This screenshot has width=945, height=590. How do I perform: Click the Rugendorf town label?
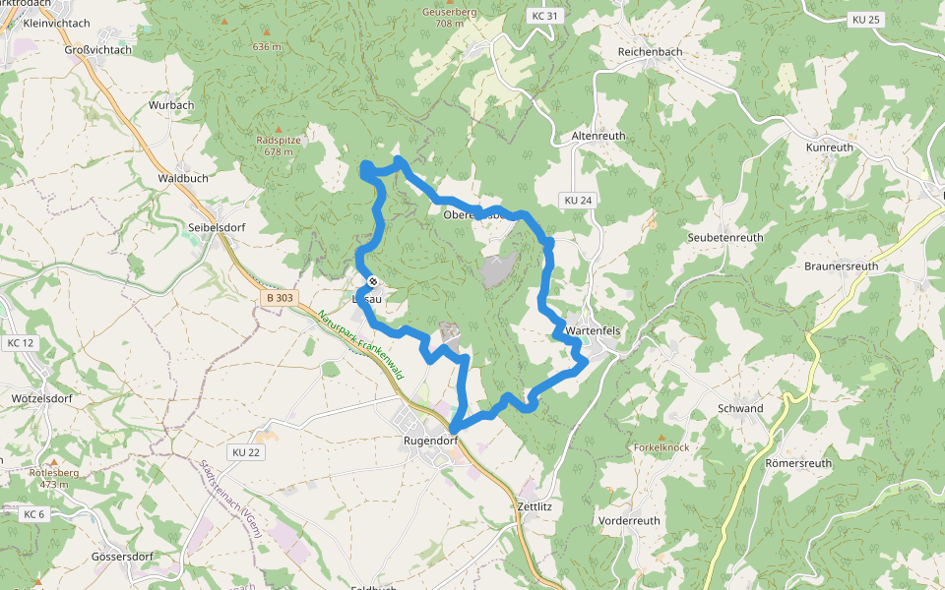tap(431, 441)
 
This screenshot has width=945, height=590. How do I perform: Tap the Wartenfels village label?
tap(593, 331)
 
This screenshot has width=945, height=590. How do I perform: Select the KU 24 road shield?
tap(578, 201)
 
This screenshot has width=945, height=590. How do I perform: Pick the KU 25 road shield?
tap(865, 20)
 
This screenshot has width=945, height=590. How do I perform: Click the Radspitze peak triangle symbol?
tap(278, 130)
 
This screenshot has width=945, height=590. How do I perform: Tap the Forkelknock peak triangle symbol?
tap(662, 436)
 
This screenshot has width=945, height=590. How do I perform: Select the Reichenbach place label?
tap(650, 51)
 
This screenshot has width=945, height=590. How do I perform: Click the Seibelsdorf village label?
tap(216, 227)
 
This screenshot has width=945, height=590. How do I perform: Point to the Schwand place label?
tap(740, 408)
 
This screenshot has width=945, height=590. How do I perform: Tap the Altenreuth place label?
tap(598, 136)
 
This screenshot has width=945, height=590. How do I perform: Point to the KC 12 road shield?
tap(20, 343)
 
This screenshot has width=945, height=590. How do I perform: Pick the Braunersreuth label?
tap(841, 266)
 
